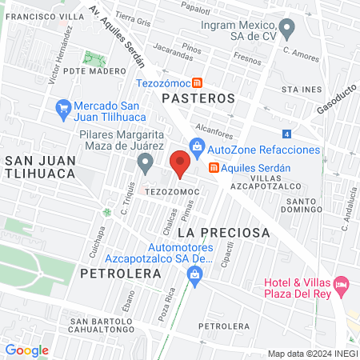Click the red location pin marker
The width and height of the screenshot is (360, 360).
(x=180, y=164)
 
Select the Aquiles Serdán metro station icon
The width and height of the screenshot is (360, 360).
(x=214, y=168)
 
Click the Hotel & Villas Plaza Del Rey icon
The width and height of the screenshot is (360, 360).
(x=342, y=282)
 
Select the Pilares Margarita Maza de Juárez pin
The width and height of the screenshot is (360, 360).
(x=145, y=163)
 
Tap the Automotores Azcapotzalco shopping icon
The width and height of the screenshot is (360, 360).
(x=194, y=274)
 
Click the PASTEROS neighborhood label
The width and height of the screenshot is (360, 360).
(x=198, y=98)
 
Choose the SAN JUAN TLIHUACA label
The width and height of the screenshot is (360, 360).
(x=40, y=168)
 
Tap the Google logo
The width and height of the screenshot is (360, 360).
(x=26, y=350)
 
